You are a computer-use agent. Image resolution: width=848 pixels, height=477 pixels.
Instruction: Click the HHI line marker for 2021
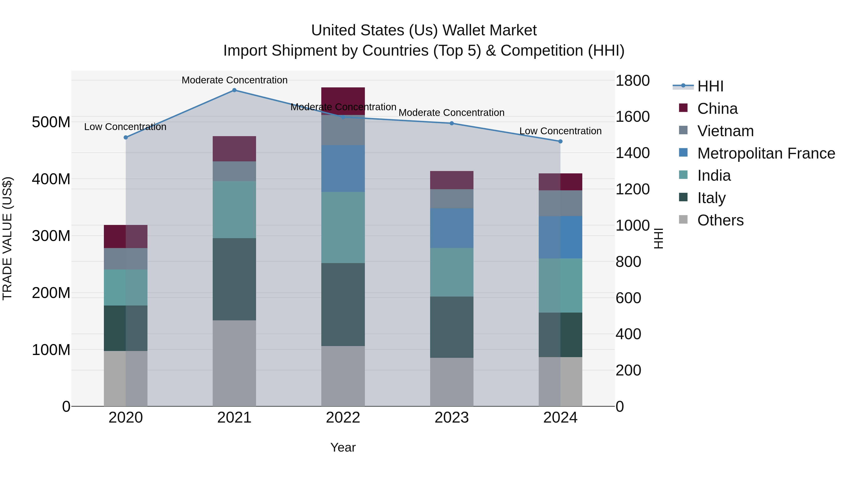point(234,90)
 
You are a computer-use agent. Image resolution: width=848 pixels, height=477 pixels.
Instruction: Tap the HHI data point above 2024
point(560,141)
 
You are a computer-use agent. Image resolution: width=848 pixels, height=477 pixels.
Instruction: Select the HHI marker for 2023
point(452,123)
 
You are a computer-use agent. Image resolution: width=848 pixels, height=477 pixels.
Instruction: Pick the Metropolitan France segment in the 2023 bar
point(452,228)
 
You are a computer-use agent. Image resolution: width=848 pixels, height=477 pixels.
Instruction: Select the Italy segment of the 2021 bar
point(234,279)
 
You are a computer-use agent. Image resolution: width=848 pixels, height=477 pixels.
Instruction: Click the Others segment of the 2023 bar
point(452,382)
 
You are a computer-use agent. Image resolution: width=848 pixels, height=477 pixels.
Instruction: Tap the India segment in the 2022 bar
point(343,227)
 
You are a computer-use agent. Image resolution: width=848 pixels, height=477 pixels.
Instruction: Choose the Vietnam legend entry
point(725,131)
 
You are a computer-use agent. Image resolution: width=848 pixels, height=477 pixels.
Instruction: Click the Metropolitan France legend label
point(766,153)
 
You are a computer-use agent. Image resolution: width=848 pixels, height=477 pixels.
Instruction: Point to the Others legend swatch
point(683,220)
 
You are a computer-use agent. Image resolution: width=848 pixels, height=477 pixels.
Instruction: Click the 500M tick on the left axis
point(51,122)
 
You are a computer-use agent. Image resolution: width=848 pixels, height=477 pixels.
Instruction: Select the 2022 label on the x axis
point(343,417)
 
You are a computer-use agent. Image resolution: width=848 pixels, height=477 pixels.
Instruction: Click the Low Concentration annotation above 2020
point(125,127)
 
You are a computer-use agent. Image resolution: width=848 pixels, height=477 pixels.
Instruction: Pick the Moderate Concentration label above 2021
point(234,80)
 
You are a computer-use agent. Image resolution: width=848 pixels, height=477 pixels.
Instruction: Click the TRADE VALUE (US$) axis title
point(7,238)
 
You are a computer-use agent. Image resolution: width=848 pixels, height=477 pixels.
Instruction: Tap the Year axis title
point(343,447)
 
